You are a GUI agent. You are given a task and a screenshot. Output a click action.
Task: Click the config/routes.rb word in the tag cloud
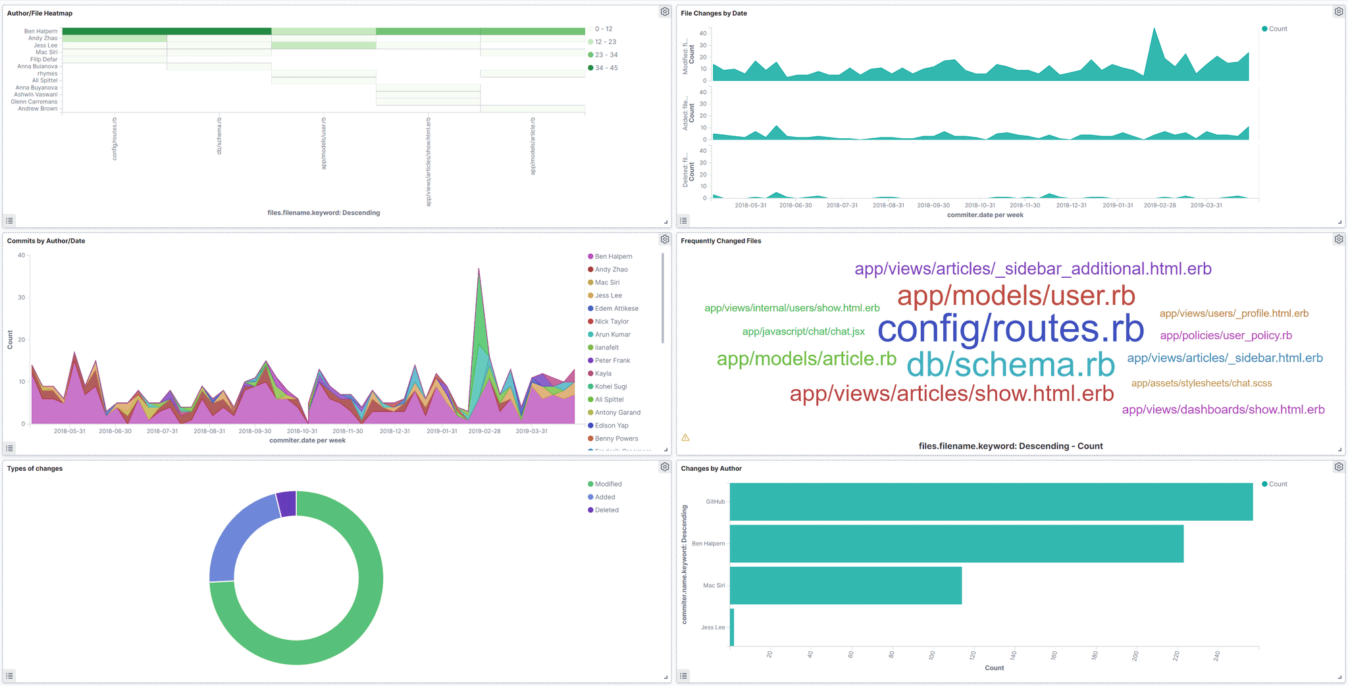pos(1010,329)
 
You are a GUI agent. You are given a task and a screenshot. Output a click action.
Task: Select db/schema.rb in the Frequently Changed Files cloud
pos(1010,365)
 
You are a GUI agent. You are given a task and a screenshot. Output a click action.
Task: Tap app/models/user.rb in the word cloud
pos(1016,296)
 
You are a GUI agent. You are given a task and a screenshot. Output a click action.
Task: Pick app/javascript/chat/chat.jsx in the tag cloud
pos(803,332)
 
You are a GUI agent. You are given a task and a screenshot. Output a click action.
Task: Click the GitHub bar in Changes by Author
pos(991,502)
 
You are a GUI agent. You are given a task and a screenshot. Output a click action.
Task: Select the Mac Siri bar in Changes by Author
pos(845,585)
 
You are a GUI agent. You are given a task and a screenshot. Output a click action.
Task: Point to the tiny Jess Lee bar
pos(732,627)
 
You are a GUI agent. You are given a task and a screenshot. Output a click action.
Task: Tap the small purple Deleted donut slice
pos(286,504)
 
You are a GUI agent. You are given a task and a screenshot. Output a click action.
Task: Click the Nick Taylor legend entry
pos(611,322)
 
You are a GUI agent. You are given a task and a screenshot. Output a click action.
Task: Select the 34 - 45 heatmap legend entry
pos(606,68)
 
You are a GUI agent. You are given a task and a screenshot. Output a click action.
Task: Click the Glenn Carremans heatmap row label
pos(34,102)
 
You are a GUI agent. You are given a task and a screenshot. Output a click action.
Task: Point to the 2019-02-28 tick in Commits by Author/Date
pos(484,431)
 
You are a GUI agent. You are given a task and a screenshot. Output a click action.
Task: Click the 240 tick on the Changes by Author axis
pos(1217,656)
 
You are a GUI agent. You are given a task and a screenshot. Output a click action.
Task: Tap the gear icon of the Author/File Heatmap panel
pos(665,12)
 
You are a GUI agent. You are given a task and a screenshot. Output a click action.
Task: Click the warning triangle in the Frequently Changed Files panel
pos(685,438)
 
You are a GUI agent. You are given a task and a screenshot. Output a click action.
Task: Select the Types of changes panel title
pos(35,469)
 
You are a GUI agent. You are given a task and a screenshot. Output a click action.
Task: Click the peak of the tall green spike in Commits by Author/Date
pos(479,269)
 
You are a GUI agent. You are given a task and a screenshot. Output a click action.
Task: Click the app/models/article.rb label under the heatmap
pos(532,146)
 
